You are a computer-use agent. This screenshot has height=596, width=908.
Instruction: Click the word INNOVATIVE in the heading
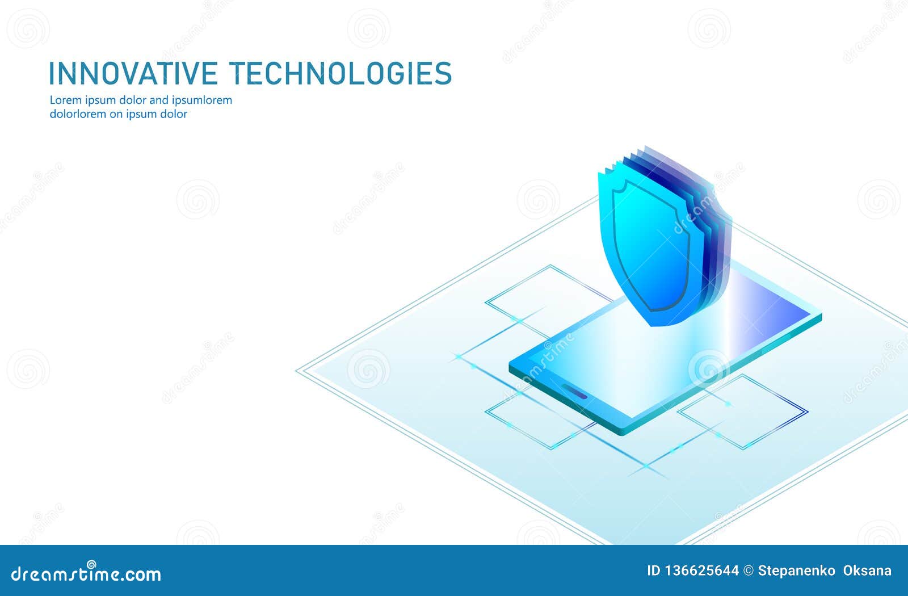coord(133,73)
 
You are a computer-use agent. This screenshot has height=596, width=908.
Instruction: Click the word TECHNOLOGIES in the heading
coord(340,73)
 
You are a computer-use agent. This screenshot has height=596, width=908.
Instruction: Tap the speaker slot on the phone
coord(574,392)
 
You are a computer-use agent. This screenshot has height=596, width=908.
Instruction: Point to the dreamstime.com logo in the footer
coord(86,573)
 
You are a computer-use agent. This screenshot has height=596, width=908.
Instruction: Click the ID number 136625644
coord(701,571)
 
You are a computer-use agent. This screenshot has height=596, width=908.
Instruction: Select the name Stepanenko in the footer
coord(797,571)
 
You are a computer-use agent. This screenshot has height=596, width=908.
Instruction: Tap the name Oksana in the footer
coord(867,571)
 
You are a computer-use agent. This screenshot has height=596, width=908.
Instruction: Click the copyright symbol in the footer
coord(749,571)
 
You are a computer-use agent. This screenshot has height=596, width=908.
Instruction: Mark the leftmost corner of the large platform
coord(296,370)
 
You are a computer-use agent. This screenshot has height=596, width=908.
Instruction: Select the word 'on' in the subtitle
coord(116,115)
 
